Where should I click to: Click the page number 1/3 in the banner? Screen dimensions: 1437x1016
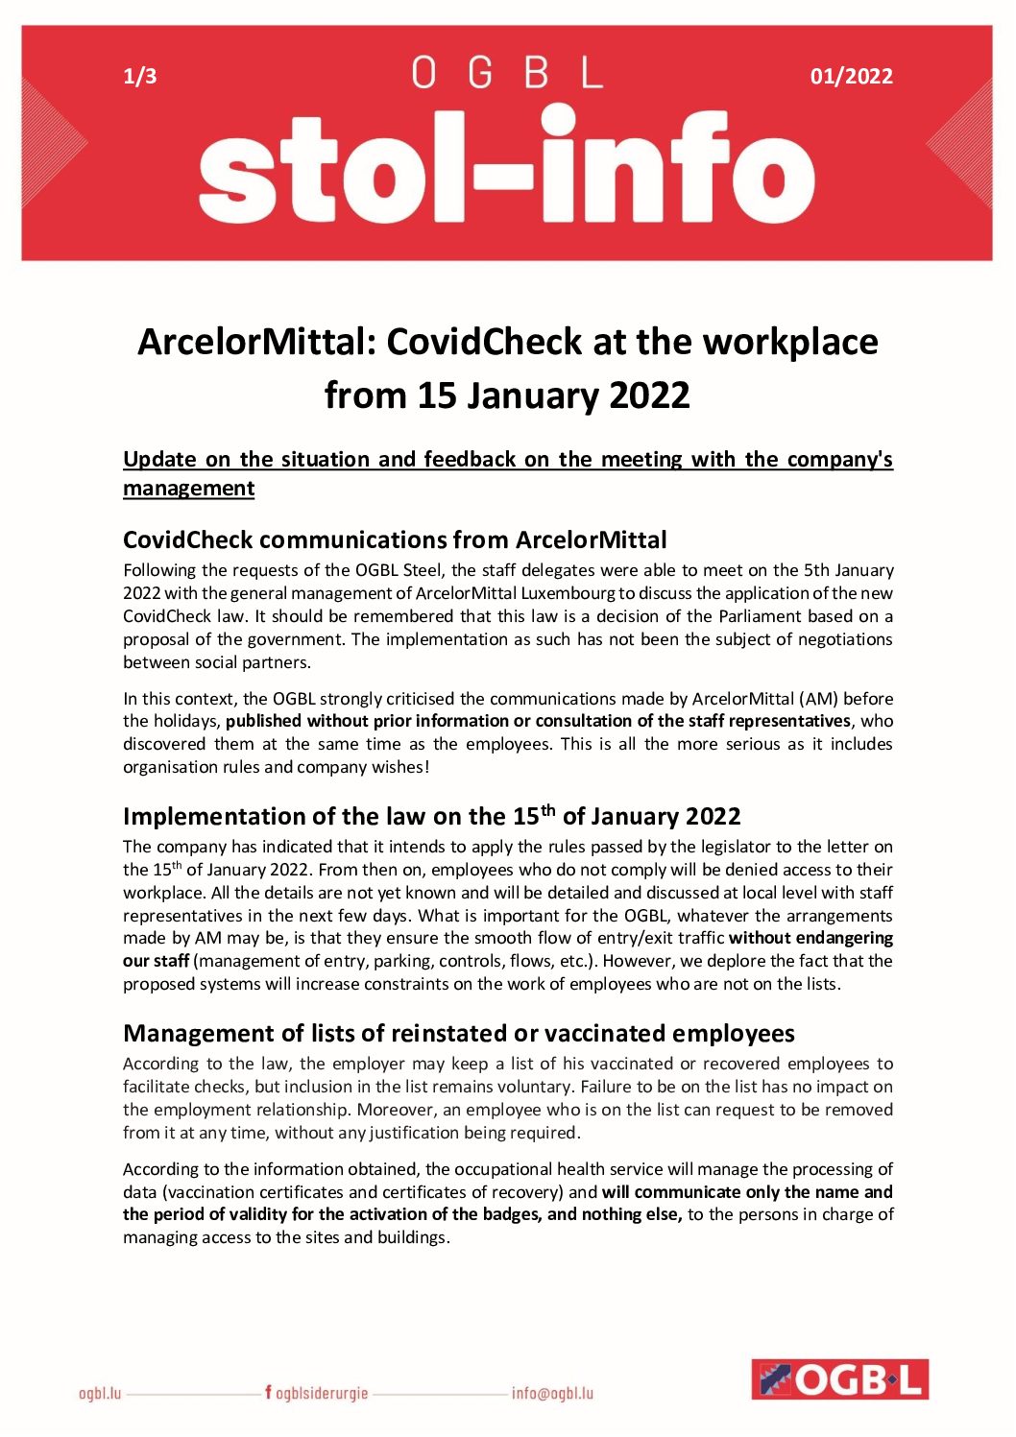(x=140, y=77)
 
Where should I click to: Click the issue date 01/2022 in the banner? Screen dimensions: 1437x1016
(x=851, y=77)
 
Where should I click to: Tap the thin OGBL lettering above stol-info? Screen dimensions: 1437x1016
(x=507, y=73)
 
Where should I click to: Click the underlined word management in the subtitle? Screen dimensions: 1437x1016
(x=189, y=488)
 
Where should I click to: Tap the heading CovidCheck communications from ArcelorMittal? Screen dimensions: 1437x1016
(x=395, y=539)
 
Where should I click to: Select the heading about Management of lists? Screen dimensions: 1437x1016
(x=458, y=1033)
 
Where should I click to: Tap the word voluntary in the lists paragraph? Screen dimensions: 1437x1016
(x=540, y=1087)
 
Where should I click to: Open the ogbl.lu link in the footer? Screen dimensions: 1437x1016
(x=100, y=1393)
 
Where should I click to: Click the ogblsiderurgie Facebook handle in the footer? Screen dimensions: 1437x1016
(x=317, y=1393)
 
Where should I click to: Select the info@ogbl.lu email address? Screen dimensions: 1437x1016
(x=552, y=1393)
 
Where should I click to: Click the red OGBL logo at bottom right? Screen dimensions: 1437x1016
(x=840, y=1379)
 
